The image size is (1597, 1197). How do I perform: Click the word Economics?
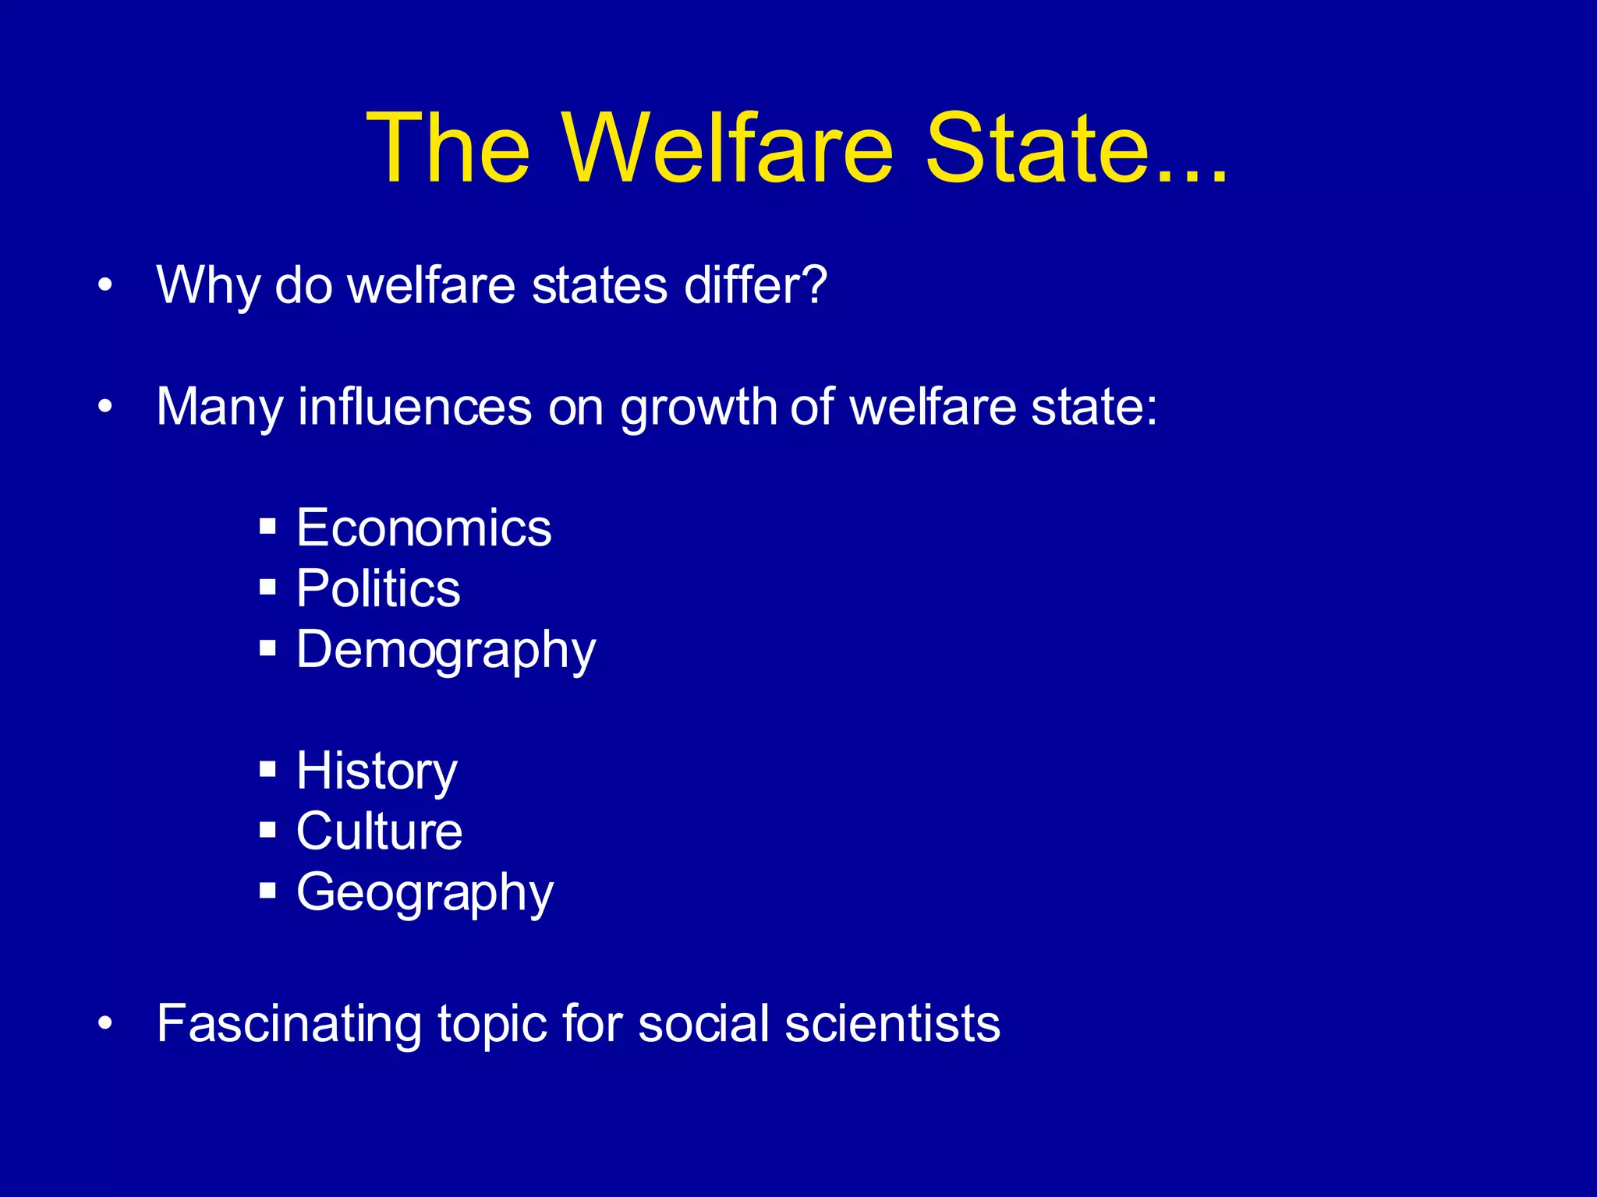tap(423, 528)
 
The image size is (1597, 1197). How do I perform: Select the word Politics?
tap(378, 588)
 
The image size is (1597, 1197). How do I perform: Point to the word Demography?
tap(446, 649)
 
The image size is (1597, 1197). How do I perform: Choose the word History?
tap(377, 771)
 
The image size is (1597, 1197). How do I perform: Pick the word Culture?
tap(379, 831)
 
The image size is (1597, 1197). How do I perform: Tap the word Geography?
tap(425, 892)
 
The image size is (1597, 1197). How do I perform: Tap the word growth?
tap(698, 408)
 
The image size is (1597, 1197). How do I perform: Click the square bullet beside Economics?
tap(268, 526)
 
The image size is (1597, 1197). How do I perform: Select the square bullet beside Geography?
tap(268, 890)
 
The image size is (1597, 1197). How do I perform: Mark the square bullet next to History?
tap(268, 769)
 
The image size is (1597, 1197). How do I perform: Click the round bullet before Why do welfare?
tap(105, 285)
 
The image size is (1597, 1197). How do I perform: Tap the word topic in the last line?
tap(491, 1024)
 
